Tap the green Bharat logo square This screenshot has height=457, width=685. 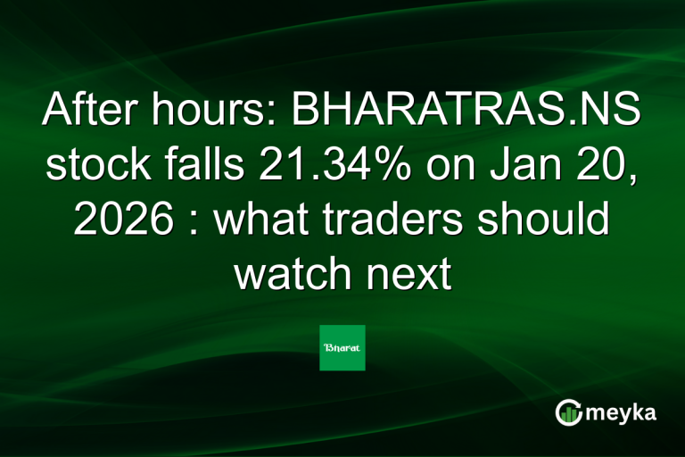(342, 348)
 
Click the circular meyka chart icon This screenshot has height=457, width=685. (568, 412)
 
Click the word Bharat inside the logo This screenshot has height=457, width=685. (342, 348)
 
